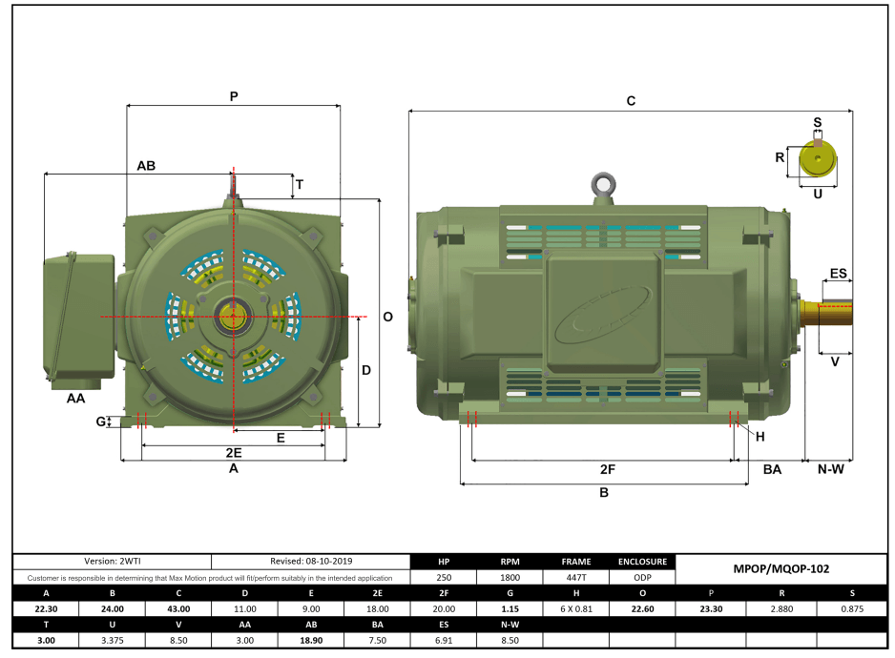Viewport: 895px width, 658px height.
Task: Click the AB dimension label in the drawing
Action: [x=146, y=165]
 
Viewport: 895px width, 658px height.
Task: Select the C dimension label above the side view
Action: [x=631, y=100]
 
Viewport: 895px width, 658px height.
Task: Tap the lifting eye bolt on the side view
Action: [x=601, y=185]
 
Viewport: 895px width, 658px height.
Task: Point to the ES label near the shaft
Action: [x=838, y=274]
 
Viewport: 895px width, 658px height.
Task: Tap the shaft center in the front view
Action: [x=233, y=316]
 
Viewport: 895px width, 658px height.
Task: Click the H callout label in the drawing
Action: [x=760, y=437]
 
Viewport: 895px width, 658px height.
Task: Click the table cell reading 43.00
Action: [x=178, y=608]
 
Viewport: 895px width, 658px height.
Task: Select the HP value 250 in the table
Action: [x=443, y=577]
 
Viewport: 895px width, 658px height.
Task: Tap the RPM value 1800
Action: [x=510, y=577]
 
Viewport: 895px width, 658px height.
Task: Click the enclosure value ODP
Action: [x=641, y=577]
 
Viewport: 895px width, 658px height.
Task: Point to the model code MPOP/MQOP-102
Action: [x=781, y=568]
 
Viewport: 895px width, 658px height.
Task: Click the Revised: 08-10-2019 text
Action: [x=309, y=562]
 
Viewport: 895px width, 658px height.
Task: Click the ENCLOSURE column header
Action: [x=641, y=562]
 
